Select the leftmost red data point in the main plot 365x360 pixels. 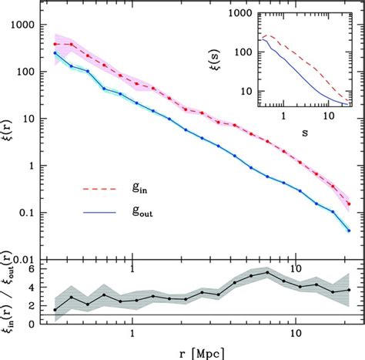point(55,44)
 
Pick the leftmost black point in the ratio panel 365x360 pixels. point(55,309)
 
